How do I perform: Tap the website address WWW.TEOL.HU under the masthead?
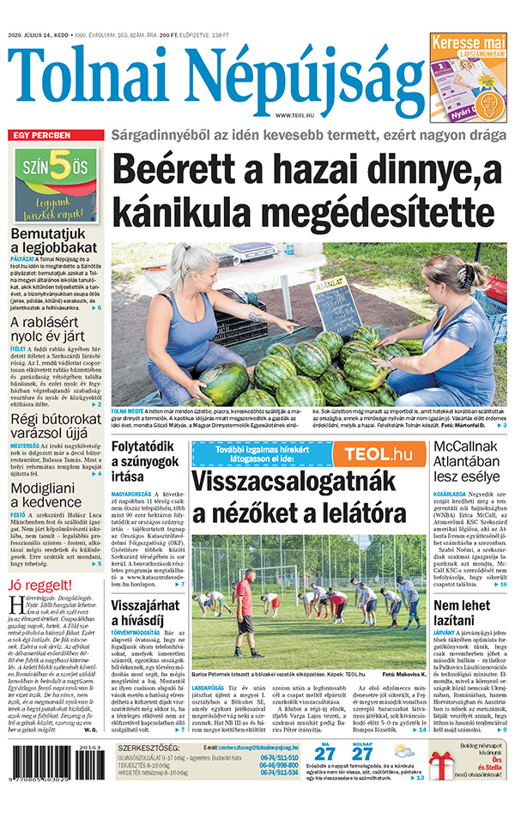pos(296,115)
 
